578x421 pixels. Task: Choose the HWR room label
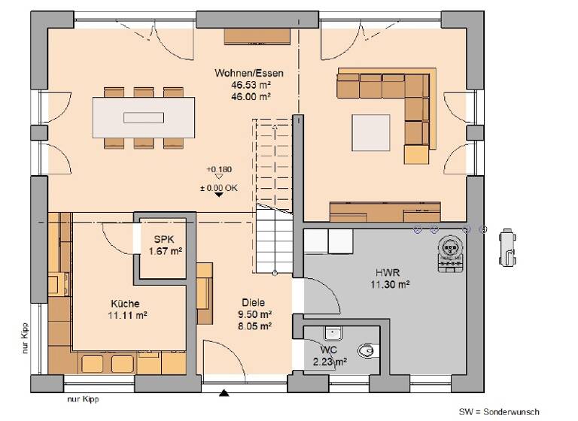coord(389,273)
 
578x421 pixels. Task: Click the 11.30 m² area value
coord(389,284)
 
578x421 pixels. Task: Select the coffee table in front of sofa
coord(371,130)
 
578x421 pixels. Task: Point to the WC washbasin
coord(332,332)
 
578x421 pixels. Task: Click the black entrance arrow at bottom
coord(224,392)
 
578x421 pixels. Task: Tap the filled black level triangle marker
coord(218,194)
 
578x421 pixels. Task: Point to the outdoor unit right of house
coord(507,247)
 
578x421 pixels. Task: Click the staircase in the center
coord(273,195)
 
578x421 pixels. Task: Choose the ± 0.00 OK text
coord(218,186)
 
